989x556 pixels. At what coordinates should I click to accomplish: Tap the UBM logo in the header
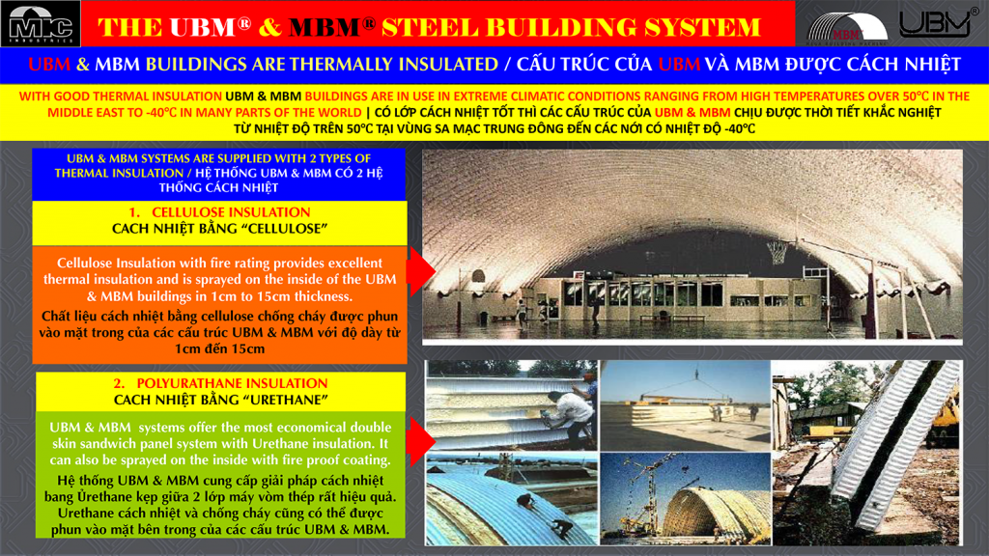point(934,24)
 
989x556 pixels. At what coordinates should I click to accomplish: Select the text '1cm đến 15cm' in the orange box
point(219,348)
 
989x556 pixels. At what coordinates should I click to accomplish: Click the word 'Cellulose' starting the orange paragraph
point(88,263)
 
